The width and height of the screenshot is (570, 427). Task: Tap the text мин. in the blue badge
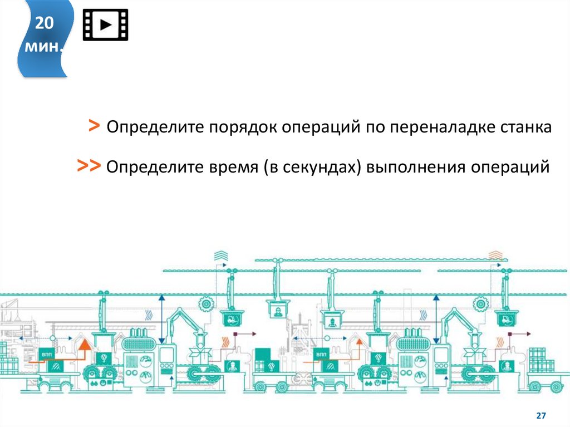(44, 47)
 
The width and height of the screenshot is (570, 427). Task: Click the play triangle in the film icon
(106, 25)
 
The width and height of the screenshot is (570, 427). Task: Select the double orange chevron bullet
(89, 165)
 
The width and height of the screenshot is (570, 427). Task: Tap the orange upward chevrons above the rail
(495, 256)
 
